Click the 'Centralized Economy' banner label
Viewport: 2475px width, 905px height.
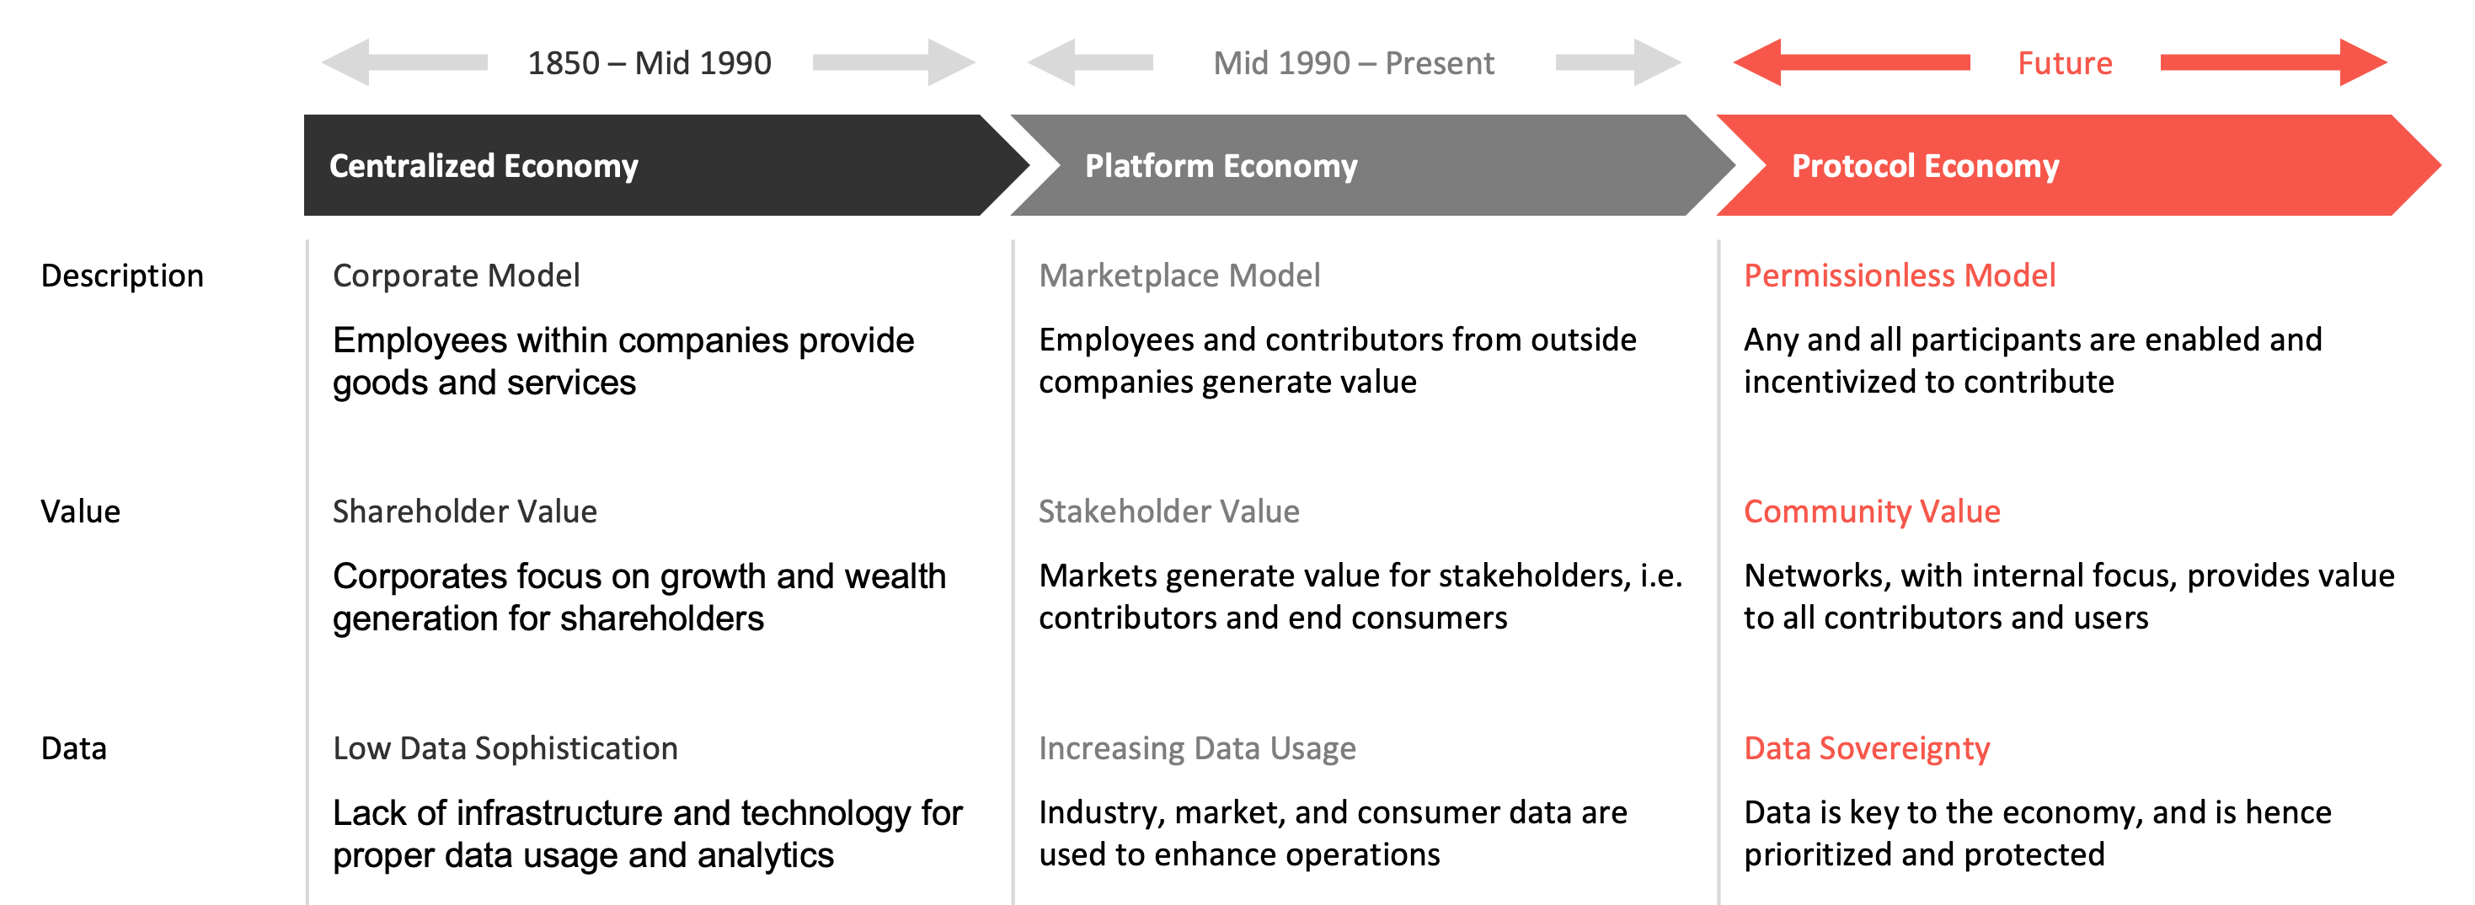[x=484, y=166]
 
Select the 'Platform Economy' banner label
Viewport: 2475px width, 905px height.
[x=1221, y=166]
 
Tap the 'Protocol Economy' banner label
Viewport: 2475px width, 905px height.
[x=1926, y=166]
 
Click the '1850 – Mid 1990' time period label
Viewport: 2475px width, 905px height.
[x=649, y=63]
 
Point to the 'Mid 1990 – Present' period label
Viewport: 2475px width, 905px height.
[x=1354, y=63]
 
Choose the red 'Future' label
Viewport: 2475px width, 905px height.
[x=2065, y=63]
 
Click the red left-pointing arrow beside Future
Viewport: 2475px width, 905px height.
[x=1852, y=62]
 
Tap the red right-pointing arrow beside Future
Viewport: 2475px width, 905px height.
[x=2273, y=62]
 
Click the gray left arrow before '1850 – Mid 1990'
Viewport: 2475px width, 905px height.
[x=404, y=62]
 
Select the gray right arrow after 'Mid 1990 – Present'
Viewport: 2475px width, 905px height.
[x=1618, y=62]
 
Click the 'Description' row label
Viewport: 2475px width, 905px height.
[x=122, y=276]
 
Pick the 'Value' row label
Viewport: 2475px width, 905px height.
[x=81, y=512]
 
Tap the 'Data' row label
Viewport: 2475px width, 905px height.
[x=74, y=748]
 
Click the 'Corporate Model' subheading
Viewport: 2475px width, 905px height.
[x=457, y=276]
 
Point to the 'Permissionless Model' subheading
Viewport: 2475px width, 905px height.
[x=1900, y=276]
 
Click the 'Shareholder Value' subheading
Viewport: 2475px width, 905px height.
[x=465, y=512]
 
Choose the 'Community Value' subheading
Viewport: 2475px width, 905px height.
[x=1873, y=512]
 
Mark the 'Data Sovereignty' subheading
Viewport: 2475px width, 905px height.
[x=1867, y=748]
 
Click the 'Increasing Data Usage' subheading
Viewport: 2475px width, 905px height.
[x=1197, y=748]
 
